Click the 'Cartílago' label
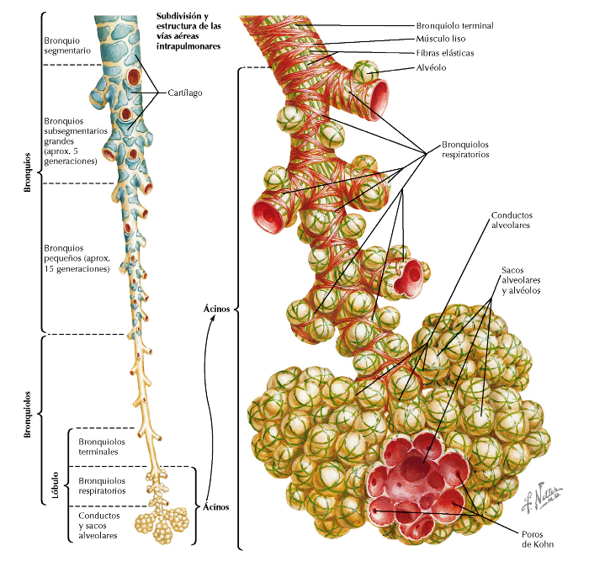[182, 93]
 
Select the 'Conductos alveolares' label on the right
[515, 220]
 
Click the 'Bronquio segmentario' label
[72, 45]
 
